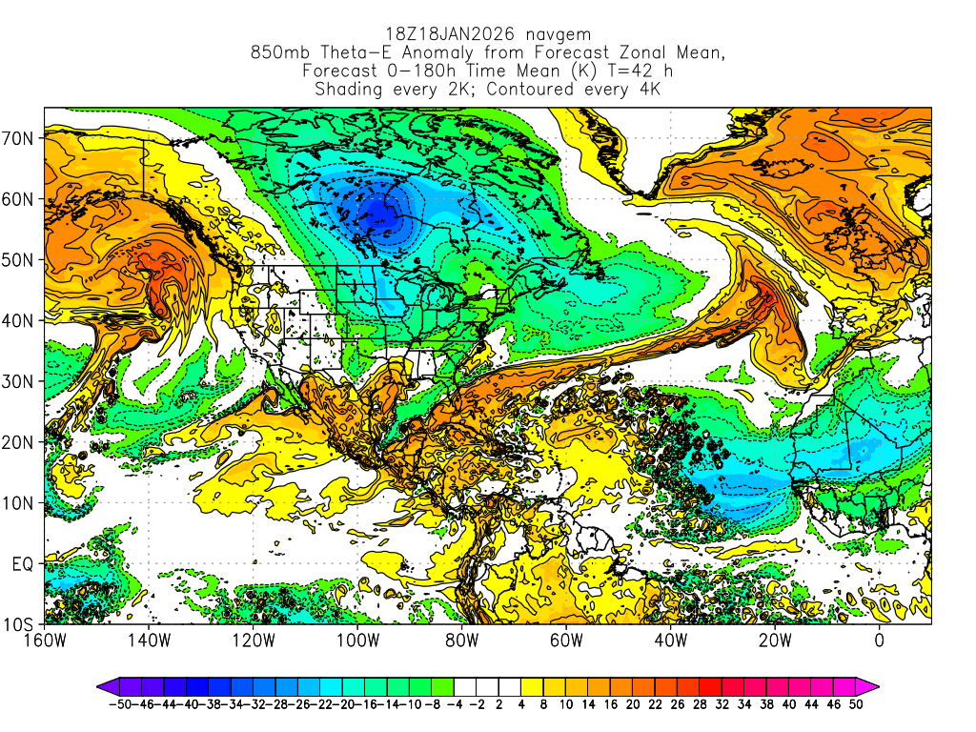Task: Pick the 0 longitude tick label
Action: pyautogui.click(x=879, y=640)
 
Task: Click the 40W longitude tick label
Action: pyautogui.click(x=670, y=640)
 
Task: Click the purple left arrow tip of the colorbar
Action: pyautogui.click(x=102, y=685)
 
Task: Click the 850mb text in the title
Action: pyautogui.click(x=275, y=53)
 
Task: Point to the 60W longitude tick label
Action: pyautogui.click(x=566, y=640)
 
